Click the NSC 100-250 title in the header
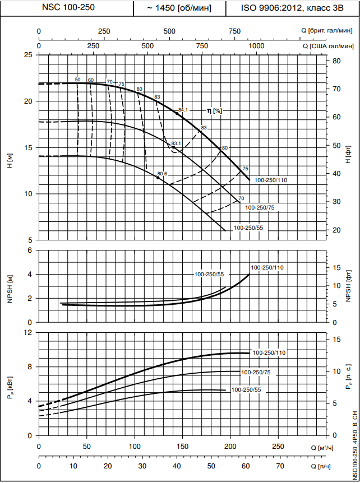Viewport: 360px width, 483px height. click(67, 8)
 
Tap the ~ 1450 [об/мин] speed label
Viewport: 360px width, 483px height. click(179, 8)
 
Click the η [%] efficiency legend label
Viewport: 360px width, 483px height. click(215, 111)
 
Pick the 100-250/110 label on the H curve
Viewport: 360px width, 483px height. click(271, 180)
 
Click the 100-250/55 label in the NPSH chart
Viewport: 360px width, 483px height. click(209, 274)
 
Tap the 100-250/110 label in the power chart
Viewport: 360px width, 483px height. click(269, 353)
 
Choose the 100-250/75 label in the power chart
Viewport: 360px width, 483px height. click(256, 372)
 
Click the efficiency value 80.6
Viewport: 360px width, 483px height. click(163, 174)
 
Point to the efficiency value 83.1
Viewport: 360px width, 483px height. click(177, 144)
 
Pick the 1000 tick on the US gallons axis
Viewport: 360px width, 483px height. click(256, 45)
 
